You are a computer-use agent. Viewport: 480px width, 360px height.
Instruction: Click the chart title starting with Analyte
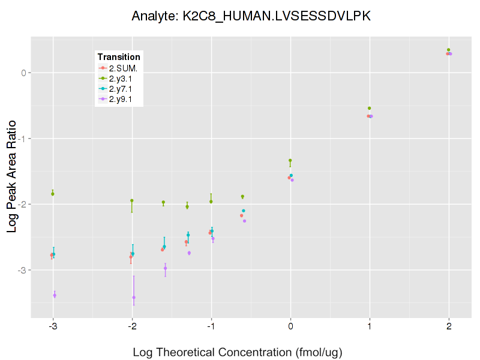[x=251, y=16]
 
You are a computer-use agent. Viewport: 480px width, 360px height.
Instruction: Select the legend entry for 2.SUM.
[x=124, y=68]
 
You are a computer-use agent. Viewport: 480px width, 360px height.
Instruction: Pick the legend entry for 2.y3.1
[x=123, y=78]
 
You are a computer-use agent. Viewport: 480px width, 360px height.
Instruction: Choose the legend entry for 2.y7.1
[x=123, y=88]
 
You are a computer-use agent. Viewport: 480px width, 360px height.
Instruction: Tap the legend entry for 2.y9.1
[x=123, y=98]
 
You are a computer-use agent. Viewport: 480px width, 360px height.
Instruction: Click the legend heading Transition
[x=119, y=57]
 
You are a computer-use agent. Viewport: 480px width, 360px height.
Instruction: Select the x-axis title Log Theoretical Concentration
[x=238, y=352]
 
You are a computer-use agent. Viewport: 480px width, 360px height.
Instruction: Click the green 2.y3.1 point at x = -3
[x=53, y=194]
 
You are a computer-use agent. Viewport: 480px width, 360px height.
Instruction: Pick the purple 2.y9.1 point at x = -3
[x=55, y=295]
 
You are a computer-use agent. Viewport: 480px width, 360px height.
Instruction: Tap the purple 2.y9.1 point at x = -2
[x=134, y=297]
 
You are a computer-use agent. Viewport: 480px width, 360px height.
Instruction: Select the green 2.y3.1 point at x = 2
[x=449, y=50]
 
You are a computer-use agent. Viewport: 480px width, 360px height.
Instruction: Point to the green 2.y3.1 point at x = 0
[x=290, y=160]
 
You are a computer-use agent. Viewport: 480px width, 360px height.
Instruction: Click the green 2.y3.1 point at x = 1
[x=370, y=108]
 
